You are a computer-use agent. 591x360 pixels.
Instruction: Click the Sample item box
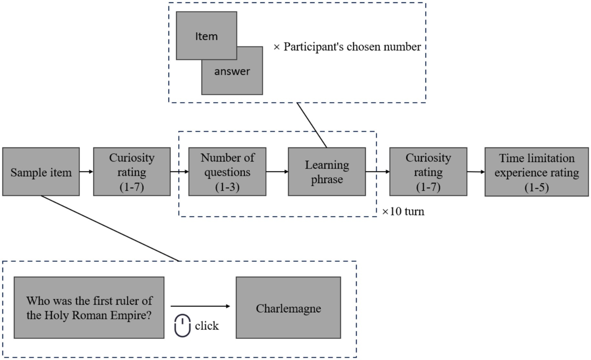click(41, 172)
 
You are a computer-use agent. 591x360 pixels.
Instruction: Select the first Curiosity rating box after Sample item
click(132, 172)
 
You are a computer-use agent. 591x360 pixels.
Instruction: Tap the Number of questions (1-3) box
click(227, 172)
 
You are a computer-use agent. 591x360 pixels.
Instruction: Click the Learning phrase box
click(327, 172)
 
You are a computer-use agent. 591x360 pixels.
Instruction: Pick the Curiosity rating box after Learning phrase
click(428, 172)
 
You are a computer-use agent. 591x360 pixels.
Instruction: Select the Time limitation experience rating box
click(536, 172)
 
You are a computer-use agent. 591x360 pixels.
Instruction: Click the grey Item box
click(206, 36)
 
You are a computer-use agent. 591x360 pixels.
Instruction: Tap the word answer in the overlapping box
click(232, 71)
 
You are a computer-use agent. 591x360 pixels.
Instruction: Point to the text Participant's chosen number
click(352, 47)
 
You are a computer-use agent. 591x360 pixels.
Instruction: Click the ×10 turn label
click(403, 211)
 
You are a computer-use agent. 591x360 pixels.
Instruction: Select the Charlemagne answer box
click(288, 308)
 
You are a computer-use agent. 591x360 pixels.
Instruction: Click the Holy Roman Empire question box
click(89, 308)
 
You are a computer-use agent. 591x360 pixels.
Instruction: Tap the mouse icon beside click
click(182, 325)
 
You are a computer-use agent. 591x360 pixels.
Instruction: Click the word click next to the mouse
click(207, 326)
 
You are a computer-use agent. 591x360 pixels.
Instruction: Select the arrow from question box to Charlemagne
click(200, 306)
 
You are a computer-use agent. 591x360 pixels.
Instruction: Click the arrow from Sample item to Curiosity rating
click(86, 171)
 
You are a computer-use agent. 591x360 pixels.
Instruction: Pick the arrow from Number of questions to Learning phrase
click(277, 171)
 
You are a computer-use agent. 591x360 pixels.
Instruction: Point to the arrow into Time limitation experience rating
click(476, 172)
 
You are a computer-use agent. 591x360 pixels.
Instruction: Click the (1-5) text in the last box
click(536, 187)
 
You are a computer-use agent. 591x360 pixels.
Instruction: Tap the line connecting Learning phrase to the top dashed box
click(312, 125)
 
